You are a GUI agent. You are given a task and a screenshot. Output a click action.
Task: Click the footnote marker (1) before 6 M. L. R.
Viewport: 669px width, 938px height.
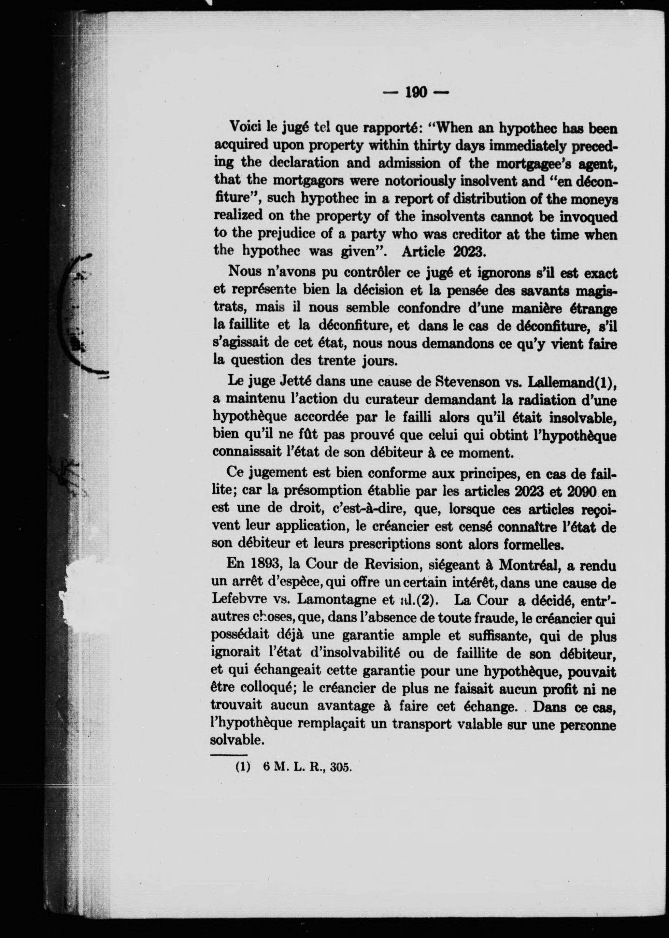click(243, 768)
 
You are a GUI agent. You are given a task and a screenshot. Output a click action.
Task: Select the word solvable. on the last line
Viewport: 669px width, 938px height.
click(237, 740)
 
